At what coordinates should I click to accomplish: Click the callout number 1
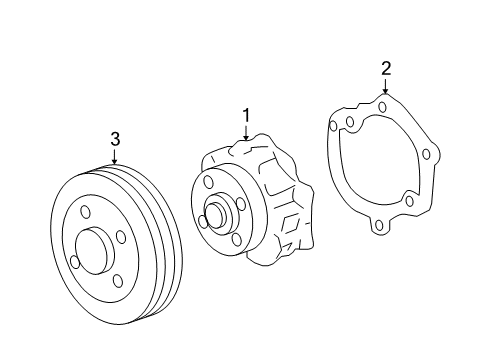point(246,115)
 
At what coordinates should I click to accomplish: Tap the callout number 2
point(386,69)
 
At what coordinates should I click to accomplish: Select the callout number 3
point(115,139)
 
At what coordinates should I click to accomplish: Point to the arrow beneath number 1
point(246,132)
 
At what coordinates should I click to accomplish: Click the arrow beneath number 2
point(386,86)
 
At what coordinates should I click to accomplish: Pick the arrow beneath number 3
point(115,156)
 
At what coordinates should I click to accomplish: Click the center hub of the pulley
point(95,251)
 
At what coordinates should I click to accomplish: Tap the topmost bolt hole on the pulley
point(86,212)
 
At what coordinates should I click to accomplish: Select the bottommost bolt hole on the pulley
point(117,281)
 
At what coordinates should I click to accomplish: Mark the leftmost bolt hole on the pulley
point(76,262)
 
